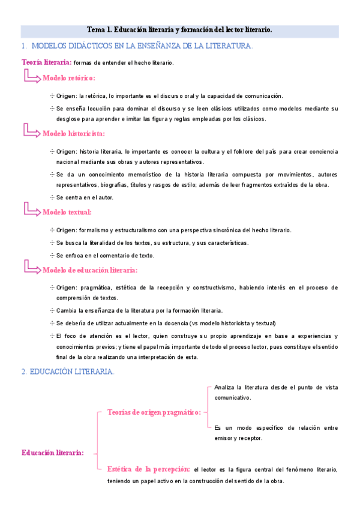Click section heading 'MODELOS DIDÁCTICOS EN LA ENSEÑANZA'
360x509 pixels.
pos(141,46)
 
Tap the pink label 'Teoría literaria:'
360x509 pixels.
pos(46,62)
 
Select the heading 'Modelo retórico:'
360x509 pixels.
pos(68,78)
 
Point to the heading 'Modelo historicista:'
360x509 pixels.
pos(73,133)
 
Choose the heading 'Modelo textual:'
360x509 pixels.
pos(67,212)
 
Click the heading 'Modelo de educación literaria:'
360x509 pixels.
pos(90,270)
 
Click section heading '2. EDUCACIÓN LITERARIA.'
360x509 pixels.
pos(67,372)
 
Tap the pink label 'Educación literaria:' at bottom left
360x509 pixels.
pos(52,453)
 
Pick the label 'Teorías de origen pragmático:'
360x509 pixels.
pos(154,412)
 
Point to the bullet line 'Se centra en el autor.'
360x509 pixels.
pos(85,197)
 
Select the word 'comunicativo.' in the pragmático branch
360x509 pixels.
pos(232,397)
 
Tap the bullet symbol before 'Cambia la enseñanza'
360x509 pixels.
pos(52,310)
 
